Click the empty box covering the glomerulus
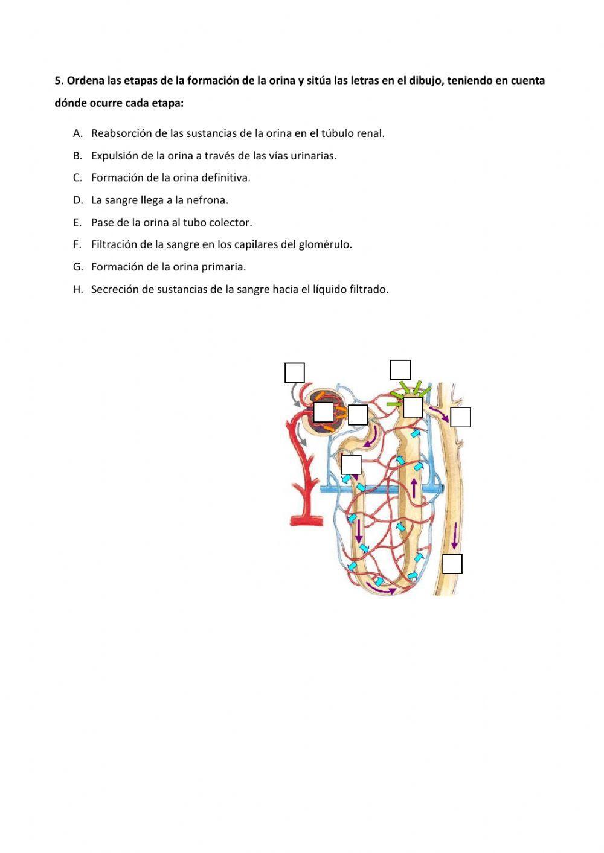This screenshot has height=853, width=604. click(323, 412)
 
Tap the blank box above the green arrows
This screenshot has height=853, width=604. click(400, 370)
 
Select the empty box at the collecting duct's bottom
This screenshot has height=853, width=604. click(452, 564)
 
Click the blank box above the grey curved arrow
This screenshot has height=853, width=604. click(295, 372)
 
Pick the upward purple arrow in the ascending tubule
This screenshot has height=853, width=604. click(414, 488)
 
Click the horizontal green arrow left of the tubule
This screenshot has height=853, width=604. click(394, 404)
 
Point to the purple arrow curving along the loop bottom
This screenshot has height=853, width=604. click(381, 589)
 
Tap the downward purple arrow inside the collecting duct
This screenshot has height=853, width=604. click(455, 535)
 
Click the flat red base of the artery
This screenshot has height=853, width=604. click(307, 520)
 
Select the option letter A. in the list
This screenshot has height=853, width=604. click(78, 133)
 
